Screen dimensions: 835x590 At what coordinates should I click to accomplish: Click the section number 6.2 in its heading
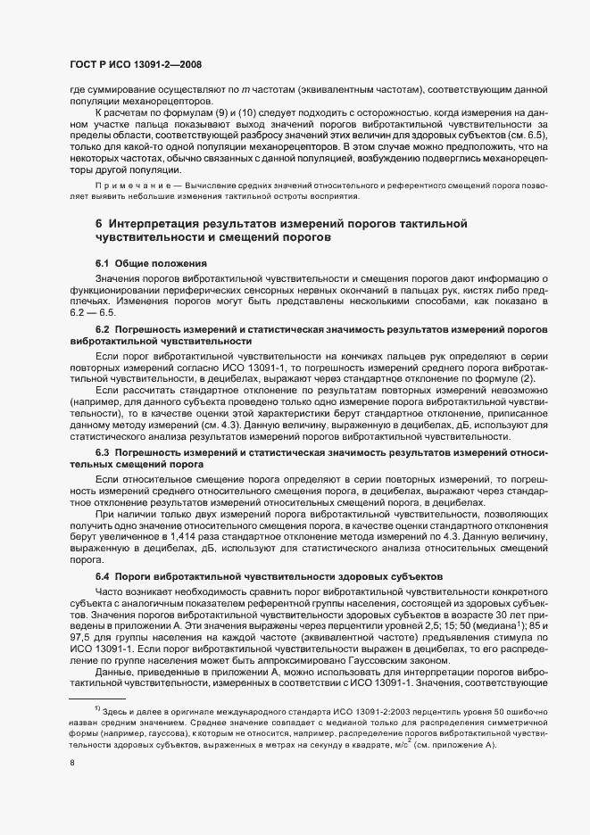pyautogui.click(x=103, y=330)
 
